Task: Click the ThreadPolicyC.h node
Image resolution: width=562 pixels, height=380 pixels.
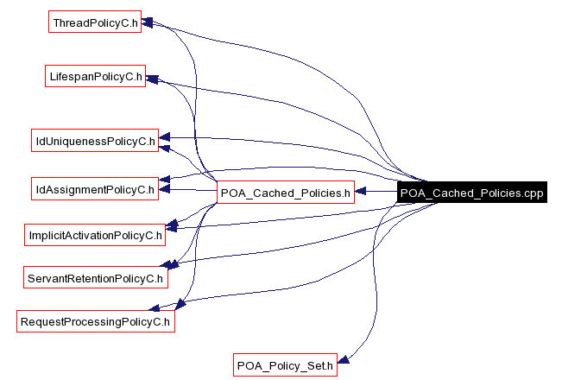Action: click(x=95, y=22)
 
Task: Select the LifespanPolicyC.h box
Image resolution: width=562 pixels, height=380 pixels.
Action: click(x=95, y=76)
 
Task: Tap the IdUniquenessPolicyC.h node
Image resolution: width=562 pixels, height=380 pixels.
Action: click(x=95, y=140)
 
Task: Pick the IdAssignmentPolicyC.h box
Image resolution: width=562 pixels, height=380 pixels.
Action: click(x=95, y=188)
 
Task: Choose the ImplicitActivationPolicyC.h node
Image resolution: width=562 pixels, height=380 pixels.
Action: click(x=95, y=234)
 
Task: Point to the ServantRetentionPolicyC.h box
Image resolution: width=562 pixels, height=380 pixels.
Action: click(x=95, y=278)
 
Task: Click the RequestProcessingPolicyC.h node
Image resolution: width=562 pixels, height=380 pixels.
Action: click(x=95, y=322)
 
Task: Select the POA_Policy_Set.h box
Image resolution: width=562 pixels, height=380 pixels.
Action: click(x=285, y=365)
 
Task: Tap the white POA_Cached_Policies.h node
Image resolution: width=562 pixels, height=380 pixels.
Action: click(x=285, y=193)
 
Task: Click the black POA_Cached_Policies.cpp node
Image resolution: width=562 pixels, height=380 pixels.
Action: click(x=472, y=193)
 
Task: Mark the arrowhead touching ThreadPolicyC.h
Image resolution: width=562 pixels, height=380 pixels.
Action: click(x=148, y=21)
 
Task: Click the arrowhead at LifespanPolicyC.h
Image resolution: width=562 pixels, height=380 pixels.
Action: click(x=153, y=79)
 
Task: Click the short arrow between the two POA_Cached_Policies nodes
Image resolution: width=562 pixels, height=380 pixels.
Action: click(x=376, y=193)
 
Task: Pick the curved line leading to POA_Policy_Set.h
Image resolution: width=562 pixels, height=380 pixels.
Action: click(x=377, y=285)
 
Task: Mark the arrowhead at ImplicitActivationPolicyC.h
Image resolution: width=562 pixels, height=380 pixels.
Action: click(x=171, y=225)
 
